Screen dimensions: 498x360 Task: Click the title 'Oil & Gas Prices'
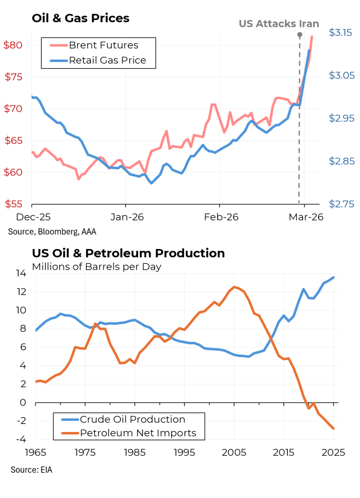[80, 18]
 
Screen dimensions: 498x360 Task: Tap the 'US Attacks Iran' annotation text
[279, 24]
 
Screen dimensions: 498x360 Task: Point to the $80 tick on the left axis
[13, 45]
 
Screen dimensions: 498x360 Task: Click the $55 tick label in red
[14, 204]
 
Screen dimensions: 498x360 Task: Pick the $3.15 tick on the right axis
[340, 32]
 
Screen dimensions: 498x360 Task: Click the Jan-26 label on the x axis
[127, 217]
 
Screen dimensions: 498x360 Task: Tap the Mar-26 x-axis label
[306, 217]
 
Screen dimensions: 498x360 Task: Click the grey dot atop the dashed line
[300, 35]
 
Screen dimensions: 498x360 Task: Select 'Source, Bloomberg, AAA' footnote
[52, 231]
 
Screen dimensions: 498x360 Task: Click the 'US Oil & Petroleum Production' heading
[128, 253]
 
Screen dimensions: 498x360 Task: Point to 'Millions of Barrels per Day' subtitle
[97, 266]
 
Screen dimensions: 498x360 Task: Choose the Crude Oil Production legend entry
[132, 419]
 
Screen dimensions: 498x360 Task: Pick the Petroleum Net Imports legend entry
[138, 433]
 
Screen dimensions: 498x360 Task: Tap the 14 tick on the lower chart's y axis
[21, 274]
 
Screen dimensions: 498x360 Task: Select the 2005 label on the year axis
[234, 453]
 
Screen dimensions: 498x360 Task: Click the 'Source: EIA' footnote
[31, 470]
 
